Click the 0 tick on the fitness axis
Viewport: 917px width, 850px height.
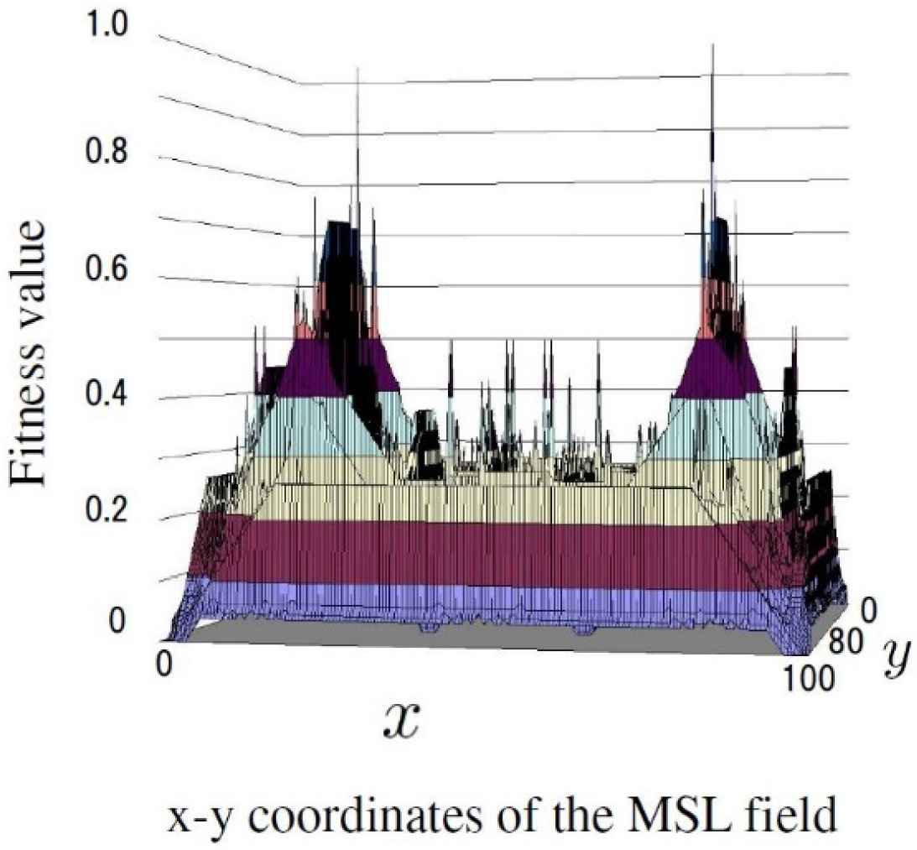pos(117,621)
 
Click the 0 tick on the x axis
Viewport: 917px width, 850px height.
pos(164,666)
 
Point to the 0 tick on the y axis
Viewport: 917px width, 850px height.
pos(869,613)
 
